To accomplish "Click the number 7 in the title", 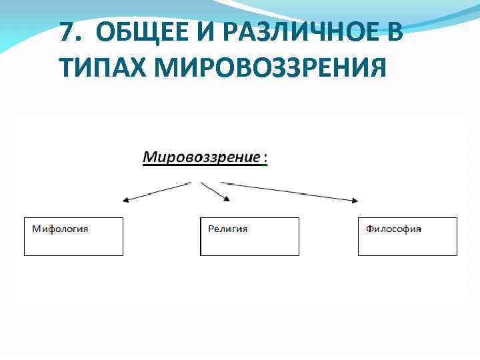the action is [x=66, y=32].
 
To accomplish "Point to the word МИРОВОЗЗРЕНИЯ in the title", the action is [x=271, y=67].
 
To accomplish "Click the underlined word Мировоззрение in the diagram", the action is [x=202, y=158].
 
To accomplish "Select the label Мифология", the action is [x=60, y=229].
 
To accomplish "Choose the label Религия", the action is [x=227, y=229].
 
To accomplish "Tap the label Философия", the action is [x=393, y=229].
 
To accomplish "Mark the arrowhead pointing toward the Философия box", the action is [x=353, y=199].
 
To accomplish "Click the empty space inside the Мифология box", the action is [x=73, y=243].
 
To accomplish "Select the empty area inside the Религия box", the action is [x=250, y=243].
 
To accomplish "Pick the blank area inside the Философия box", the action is [x=407, y=243].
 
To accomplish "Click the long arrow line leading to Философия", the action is [x=287, y=191].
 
